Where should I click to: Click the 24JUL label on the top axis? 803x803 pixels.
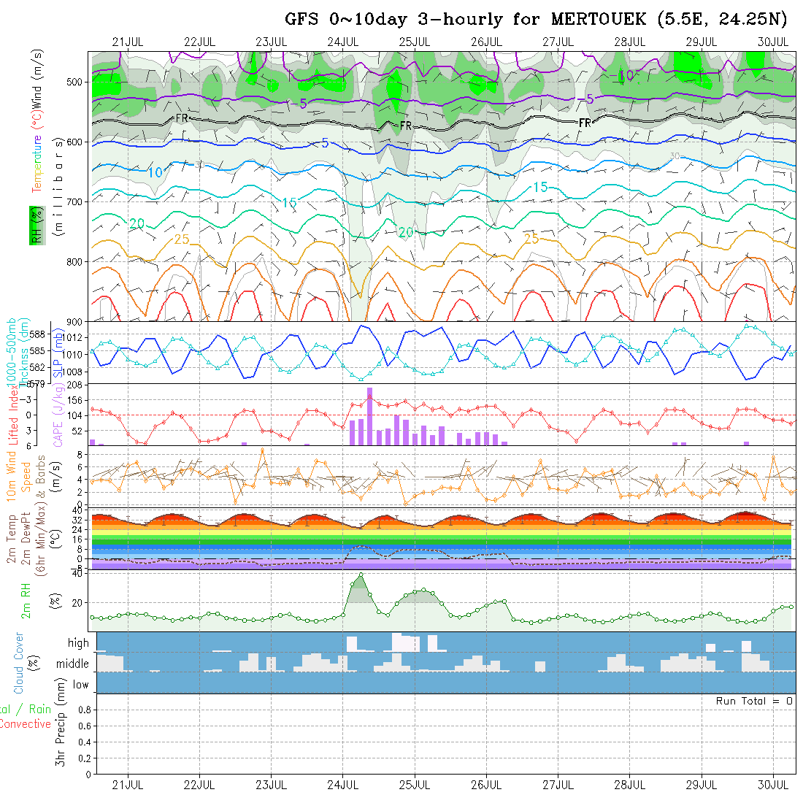point(342,42)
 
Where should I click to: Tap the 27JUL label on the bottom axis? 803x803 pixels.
point(558,785)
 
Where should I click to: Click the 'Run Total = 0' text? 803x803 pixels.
point(754,701)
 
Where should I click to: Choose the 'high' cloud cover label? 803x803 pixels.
point(78,643)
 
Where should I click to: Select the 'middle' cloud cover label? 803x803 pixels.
point(73,664)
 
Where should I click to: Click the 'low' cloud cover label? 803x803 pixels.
point(80,685)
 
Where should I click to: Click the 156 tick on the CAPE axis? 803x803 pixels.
point(74,400)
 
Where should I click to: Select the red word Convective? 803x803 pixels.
point(26,724)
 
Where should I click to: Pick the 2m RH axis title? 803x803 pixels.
point(26,601)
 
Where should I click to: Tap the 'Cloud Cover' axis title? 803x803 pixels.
point(20,664)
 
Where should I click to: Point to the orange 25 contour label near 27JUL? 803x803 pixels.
point(531,238)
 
